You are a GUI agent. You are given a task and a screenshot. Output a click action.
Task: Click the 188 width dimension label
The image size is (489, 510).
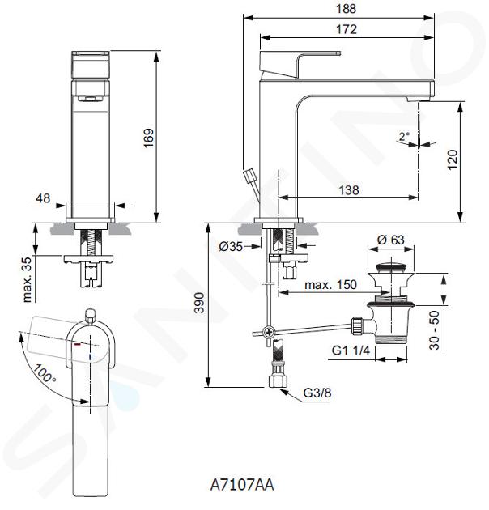347,9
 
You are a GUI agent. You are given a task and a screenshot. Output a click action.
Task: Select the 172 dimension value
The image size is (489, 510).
347,30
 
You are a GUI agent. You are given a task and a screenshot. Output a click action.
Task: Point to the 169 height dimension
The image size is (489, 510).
149,138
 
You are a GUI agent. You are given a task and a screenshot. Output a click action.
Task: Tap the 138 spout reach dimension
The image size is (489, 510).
349,190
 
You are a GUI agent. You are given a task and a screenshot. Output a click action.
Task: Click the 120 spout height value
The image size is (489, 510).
453,159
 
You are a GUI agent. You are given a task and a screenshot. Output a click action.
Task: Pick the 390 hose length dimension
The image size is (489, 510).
199,303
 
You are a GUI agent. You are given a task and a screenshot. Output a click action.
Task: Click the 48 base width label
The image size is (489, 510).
43,198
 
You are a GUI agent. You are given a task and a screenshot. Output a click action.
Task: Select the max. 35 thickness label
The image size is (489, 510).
28,280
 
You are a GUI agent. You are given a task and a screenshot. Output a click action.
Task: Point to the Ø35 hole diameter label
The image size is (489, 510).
231,247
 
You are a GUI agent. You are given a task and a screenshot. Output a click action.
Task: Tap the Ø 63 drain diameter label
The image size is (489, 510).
390,240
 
